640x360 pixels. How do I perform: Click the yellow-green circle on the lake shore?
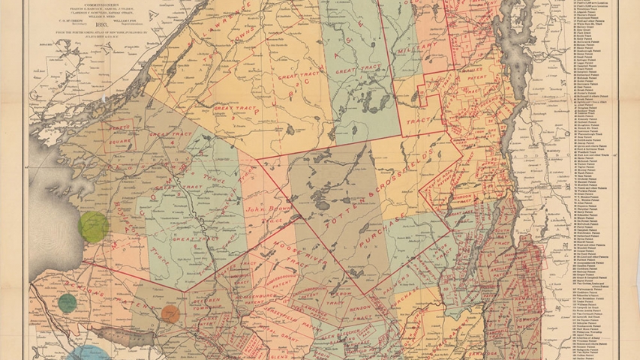[x=94, y=226]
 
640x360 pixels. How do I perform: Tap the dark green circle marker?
[x=68, y=302]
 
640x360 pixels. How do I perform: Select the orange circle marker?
[x=171, y=314]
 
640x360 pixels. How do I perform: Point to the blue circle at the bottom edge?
[x=89, y=354]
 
